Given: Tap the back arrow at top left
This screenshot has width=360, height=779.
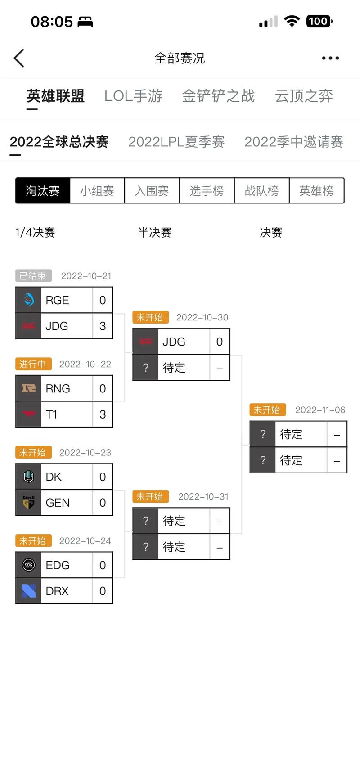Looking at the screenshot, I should coord(19,58).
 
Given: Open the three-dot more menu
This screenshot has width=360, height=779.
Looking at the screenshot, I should coord(330,58).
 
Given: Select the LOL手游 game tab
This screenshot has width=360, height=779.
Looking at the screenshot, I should coord(133,96).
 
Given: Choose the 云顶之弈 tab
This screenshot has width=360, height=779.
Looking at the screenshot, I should coord(304,96).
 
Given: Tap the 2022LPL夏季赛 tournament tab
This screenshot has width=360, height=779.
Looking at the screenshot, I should coord(176,142).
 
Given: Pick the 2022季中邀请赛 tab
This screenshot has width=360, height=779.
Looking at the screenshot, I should coord(293,142).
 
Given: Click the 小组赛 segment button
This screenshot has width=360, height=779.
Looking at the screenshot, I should coord(97,191).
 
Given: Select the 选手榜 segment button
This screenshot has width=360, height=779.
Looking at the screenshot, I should coord(207,191).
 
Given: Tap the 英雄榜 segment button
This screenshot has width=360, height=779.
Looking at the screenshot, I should coord(317,191).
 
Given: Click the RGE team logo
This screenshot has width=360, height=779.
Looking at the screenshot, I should coord(29,300).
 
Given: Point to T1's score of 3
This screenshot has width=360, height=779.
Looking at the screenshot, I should coord(103,414).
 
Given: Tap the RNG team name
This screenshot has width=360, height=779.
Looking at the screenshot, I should coord(58,389).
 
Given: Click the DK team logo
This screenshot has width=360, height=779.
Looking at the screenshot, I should coord(29,477).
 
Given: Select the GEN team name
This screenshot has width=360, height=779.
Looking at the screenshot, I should coord(58,503).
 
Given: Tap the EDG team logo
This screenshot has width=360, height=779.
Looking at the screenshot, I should coord(29,565).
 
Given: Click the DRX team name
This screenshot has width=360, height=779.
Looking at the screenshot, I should coord(58,591).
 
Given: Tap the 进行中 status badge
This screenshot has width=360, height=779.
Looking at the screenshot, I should coord(33,364).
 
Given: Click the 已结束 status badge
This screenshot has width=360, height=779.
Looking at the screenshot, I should coord(33,275).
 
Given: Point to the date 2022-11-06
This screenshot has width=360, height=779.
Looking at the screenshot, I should coord(320,410).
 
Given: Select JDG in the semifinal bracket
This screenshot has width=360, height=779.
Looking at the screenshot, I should coord(174,342).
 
